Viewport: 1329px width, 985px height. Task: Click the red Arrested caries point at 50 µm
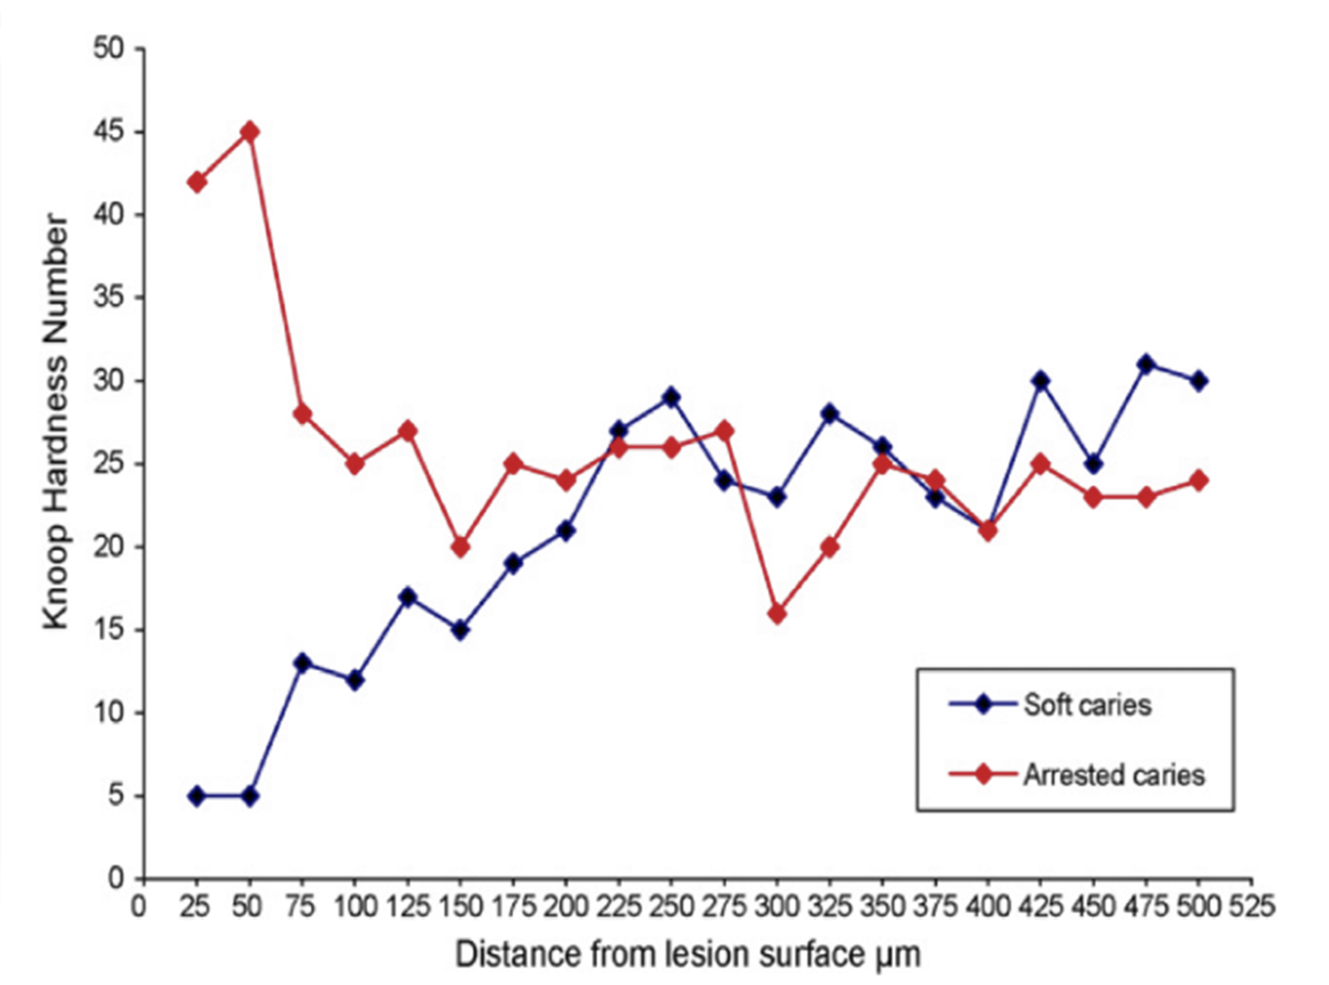pyautogui.click(x=251, y=132)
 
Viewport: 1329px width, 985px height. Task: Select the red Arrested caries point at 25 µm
pyautogui.click(x=197, y=182)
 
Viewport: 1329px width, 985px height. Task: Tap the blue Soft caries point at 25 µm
pyautogui.click(x=197, y=796)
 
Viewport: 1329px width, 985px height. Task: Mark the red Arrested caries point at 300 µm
pyautogui.click(x=777, y=614)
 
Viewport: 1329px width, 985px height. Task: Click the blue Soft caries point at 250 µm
pyautogui.click(x=671, y=397)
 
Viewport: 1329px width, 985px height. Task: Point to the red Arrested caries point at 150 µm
pyautogui.click(x=461, y=547)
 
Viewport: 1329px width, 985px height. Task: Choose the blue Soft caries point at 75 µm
pyautogui.click(x=303, y=663)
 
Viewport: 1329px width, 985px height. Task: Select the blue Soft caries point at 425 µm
pyautogui.click(x=1041, y=380)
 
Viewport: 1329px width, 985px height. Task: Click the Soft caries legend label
pyautogui.click(x=1088, y=705)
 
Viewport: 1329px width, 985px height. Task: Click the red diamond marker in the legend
pyautogui.click(x=982, y=775)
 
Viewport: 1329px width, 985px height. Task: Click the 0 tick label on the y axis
pyautogui.click(x=115, y=879)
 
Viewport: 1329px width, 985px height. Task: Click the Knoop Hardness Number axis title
pyautogui.click(x=56, y=422)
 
